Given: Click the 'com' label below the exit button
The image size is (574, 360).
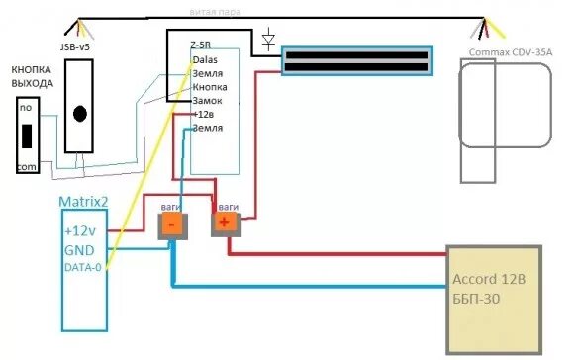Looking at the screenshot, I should pos(26,168).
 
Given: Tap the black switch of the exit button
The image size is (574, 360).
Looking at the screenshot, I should pos(29,135).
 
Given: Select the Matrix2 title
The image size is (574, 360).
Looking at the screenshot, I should pos(83,203).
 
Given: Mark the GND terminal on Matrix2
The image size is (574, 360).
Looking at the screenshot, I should pos(79,248).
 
